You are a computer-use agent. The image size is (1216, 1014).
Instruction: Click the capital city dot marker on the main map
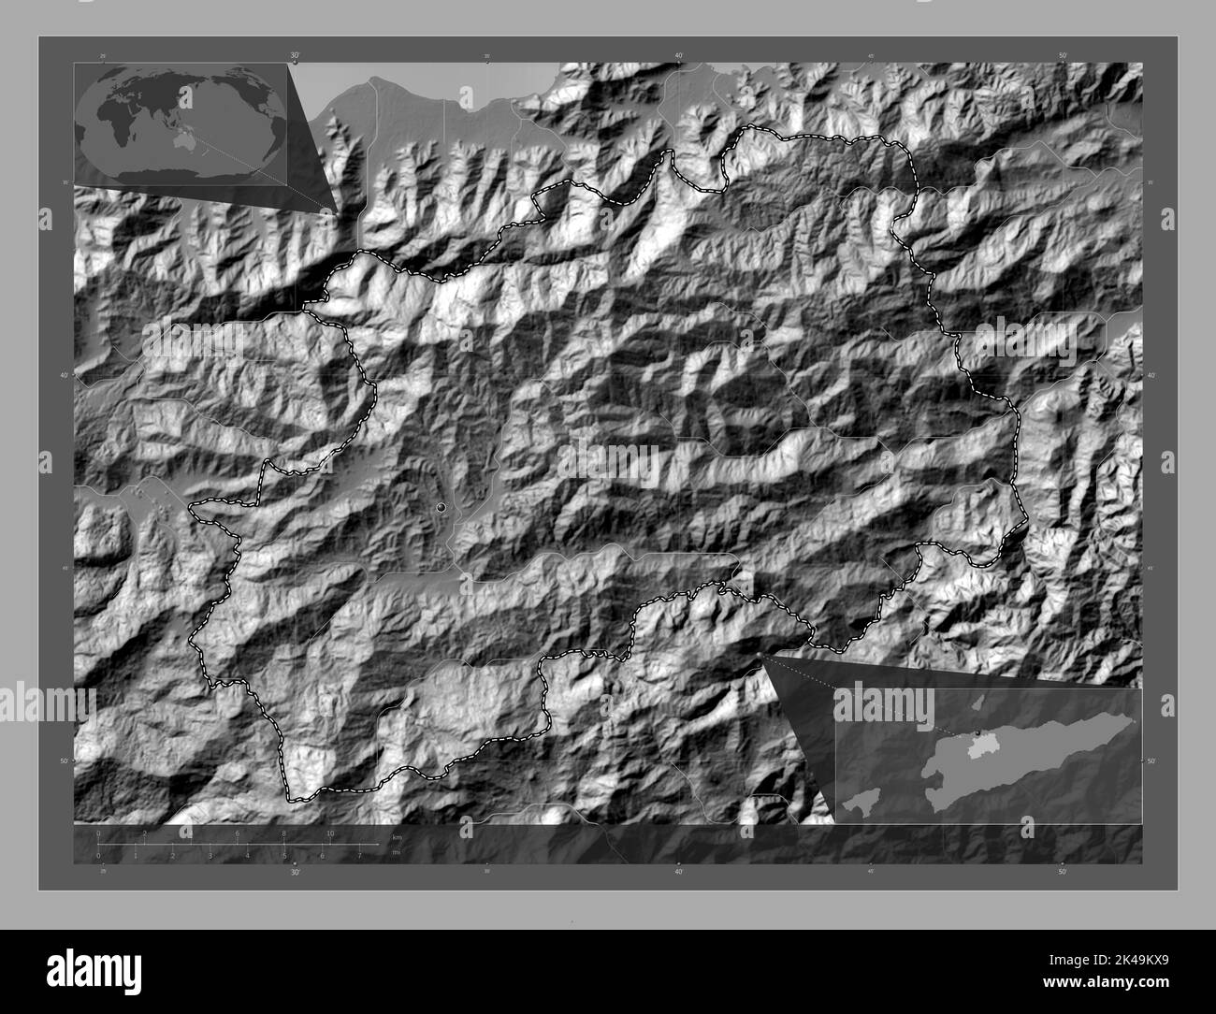coord(441,507)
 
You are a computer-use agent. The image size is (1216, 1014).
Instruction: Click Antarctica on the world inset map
coord(178,173)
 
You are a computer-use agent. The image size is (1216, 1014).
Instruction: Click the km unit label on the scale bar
coord(397,835)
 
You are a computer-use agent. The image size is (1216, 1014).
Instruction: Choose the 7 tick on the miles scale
coord(359,855)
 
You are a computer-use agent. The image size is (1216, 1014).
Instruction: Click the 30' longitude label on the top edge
coord(296,56)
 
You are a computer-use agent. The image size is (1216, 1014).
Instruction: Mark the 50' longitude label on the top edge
coord(1063,56)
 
